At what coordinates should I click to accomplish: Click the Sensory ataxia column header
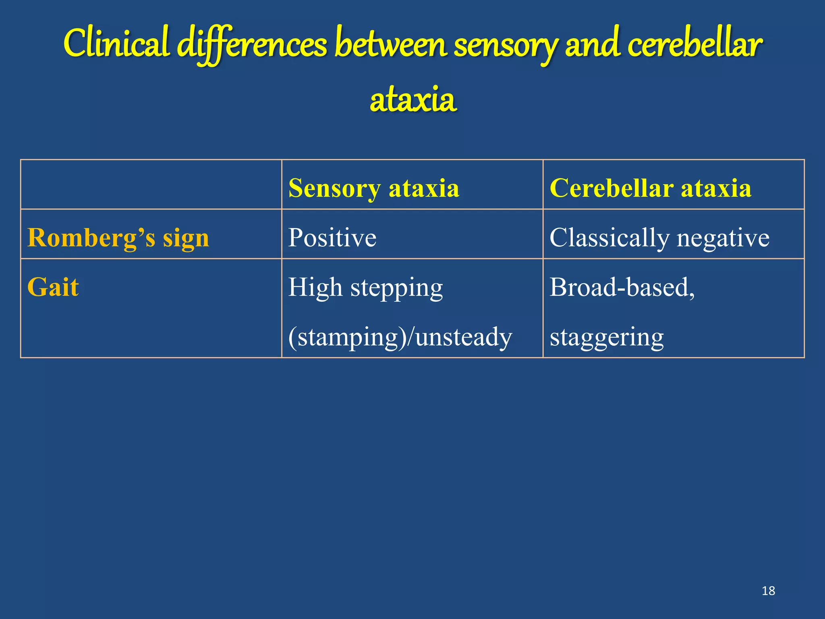click(373, 188)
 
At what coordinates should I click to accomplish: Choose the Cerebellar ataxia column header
click(650, 188)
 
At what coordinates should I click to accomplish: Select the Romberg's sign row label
click(118, 238)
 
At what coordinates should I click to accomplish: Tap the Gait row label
click(53, 287)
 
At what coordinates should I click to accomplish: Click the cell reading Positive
click(332, 237)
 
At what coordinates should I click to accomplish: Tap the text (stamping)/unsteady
click(400, 337)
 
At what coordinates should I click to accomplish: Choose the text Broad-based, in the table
click(622, 287)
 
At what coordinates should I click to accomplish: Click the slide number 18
click(768, 591)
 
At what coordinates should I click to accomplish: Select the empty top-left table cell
click(151, 185)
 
